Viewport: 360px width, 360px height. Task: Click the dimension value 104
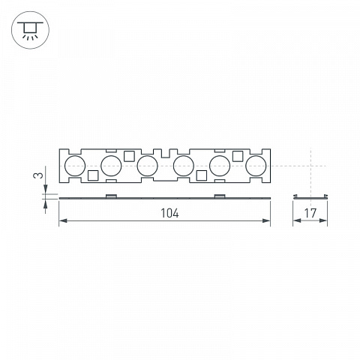click(x=169, y=213)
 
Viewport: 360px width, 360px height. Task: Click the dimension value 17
click(x=310, y=213)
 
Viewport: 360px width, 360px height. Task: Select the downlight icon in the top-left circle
click(x=30, y=30)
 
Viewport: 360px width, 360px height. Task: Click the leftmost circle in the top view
click(x=75, y=166)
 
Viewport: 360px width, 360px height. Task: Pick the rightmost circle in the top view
click(x=256, y=166)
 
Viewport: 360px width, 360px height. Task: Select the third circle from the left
click(x=148, y=166)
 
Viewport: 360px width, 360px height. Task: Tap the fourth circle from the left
click(x=184, y=166)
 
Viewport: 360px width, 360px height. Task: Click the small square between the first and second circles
click(x=93, y=175)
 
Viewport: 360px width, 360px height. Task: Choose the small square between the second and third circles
click(x=129, y=156)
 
